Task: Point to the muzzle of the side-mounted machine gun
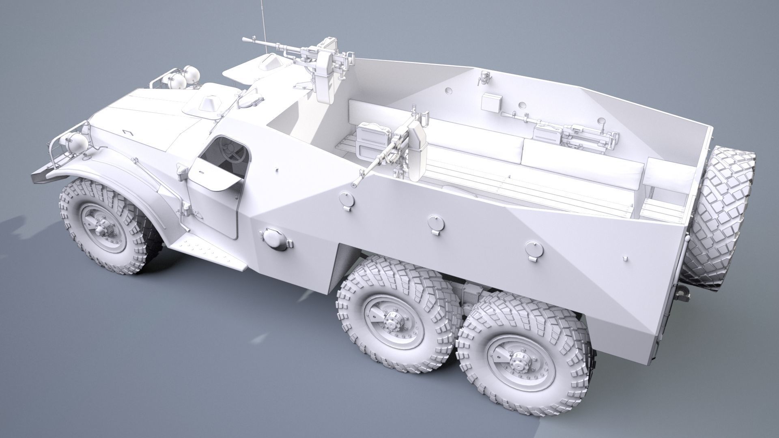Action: pos(354,184)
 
